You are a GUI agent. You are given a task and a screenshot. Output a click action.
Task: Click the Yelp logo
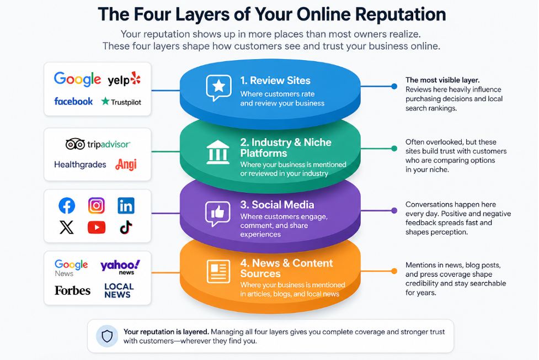[124, 79]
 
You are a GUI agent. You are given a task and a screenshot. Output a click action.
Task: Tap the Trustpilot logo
[121, 102]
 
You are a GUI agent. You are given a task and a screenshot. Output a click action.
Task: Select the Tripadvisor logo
[98, 144]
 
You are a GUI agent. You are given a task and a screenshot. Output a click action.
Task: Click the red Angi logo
[126, 165]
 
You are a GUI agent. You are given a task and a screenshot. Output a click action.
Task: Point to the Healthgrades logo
[80, 165]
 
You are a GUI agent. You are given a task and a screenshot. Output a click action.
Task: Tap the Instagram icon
[96, 205]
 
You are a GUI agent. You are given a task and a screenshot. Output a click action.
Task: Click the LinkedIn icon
[126, 205]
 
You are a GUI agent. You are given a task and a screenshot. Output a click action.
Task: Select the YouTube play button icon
[96, 227]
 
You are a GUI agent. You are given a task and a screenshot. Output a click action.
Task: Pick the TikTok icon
[126, 227]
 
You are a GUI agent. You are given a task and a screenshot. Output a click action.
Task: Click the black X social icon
[67, 227]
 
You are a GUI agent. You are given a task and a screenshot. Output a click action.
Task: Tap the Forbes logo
[72, 290]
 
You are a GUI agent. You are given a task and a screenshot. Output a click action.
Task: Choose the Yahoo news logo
[120, 267]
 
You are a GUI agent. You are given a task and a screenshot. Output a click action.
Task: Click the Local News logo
[119, 290]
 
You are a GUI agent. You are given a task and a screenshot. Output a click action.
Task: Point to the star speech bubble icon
[218, 88]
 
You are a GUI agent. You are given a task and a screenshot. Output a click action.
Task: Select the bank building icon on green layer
[218, 152]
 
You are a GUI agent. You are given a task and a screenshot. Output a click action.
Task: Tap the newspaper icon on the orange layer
[218, 271]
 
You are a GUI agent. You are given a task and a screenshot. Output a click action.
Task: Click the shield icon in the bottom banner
[107, 336]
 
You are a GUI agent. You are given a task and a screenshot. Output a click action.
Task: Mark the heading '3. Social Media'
[277, 205]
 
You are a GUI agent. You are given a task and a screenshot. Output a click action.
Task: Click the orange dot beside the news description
[394, 271]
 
